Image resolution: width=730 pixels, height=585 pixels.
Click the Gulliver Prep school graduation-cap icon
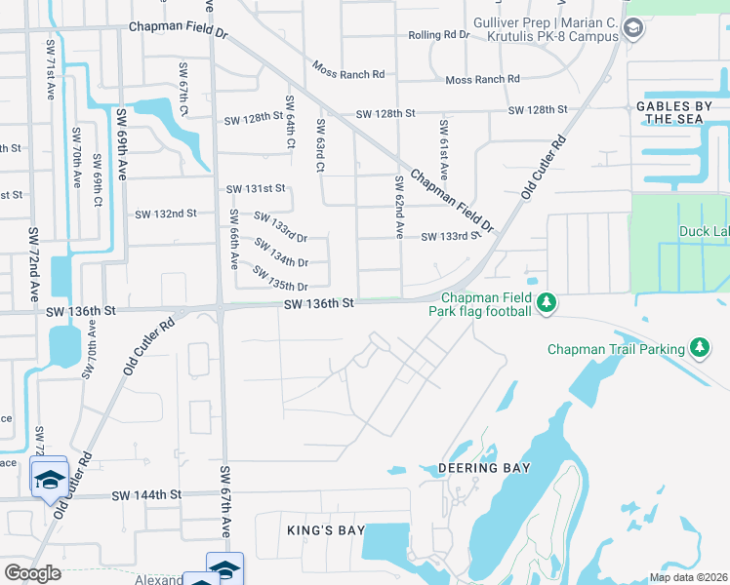[632, 28]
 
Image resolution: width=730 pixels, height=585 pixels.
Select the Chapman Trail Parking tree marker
[699, 348]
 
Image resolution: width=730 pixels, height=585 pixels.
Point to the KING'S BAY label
[326, 530]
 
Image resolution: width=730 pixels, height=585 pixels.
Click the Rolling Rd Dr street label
[439, 35]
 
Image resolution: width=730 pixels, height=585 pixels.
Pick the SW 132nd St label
[165, 213]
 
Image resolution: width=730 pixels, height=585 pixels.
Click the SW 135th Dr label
[280, 278]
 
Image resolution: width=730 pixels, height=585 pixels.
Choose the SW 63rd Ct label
[319, 145]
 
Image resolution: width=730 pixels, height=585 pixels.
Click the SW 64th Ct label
[290, 122]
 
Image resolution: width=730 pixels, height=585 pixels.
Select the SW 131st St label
[255, 188]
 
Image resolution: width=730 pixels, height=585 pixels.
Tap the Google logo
[32, 573]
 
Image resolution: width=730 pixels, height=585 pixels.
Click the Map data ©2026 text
[688, 577]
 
